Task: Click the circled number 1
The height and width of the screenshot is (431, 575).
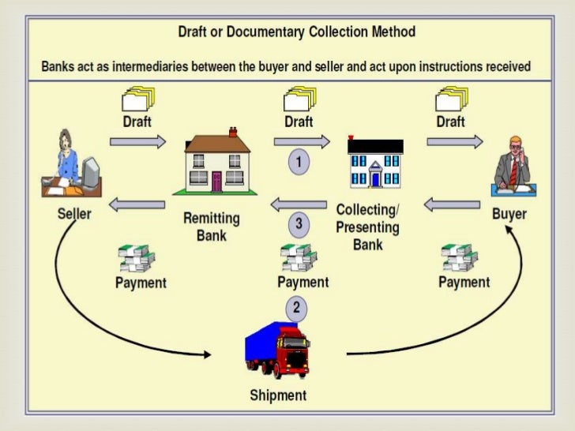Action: pyautogui.click(x=299, y=163)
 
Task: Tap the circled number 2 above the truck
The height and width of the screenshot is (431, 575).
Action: pyautogui.click(x=296, y=308)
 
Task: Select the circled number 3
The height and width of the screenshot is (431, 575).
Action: pyautogui.click(x=299, y=224)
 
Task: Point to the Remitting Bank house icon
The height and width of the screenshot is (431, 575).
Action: pyautogui.click(x=216, y=163)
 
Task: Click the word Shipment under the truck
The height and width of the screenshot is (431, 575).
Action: pyautogui.click(x=278, y=395)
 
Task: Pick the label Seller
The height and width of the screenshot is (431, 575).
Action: pyautogui.click(x=74, y=214)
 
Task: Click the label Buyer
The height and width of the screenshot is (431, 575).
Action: pyautogui.click(x=509, y=214)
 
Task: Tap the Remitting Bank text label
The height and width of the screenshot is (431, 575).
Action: pyautogui.click(x=211, y=226)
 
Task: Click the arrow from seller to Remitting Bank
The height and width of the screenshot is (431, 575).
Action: pyautogui.click(x=137, y=142)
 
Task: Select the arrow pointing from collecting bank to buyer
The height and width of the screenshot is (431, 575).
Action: pyautogui.click(x=455, y=142)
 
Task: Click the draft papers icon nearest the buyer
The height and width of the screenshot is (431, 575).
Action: pyautogui.click(x=450, y=101)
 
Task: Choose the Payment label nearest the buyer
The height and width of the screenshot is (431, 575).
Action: pyautogui.click(x=464, y=282)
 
